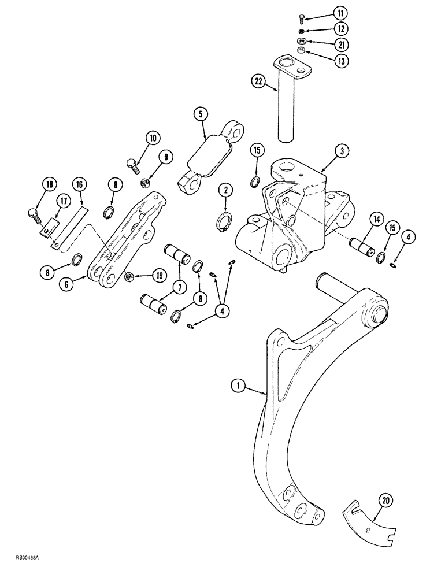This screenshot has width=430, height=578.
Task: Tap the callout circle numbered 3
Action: coord(342,152)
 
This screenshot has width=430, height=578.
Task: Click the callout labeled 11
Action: coord(340,12)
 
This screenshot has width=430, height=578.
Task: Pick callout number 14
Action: coord(376,218)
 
